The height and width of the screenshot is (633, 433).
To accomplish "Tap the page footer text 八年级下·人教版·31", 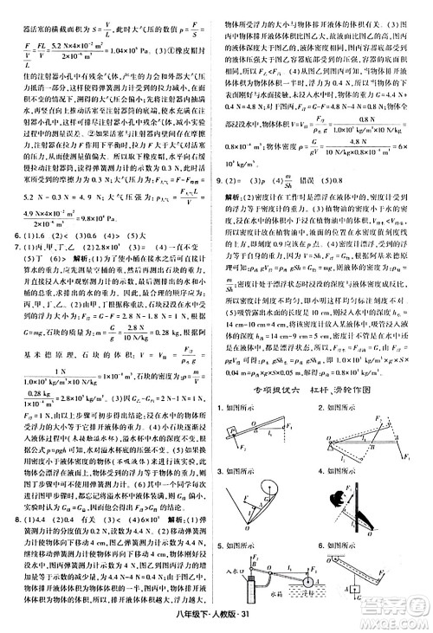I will point(217,617).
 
